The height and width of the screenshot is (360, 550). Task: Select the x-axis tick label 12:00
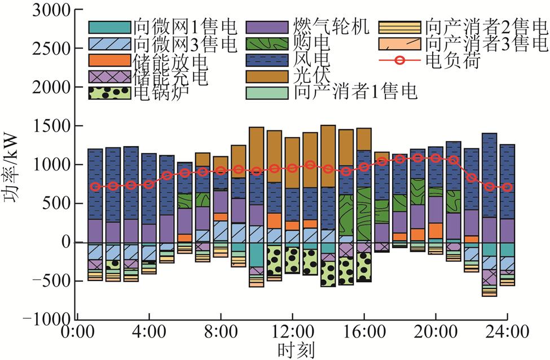tap(292, 331)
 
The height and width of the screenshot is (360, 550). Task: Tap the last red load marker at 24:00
tap(508, 187)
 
